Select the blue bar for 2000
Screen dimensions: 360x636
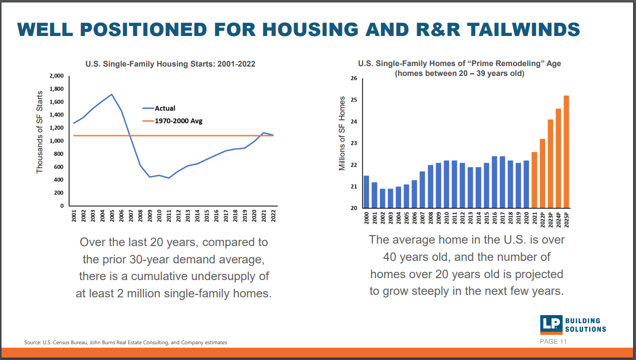[x=366, y=192]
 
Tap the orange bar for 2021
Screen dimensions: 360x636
[x=534, y=180]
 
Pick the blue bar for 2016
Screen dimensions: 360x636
[x=494, y=182]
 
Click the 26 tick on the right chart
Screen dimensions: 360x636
[x=354, y=78]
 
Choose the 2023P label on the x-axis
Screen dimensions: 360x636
[x=550, y=218]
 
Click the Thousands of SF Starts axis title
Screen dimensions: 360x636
[x=40, y=132]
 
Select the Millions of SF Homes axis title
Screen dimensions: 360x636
[x=342, y=134]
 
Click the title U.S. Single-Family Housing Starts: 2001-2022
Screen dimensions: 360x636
[x=170, y=64]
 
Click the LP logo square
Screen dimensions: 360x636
[x=551, y=324]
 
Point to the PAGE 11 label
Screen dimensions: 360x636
[x=553, y=342]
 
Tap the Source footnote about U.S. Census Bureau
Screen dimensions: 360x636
[x=126, y=342]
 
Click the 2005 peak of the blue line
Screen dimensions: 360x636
[x=112, y=94]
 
